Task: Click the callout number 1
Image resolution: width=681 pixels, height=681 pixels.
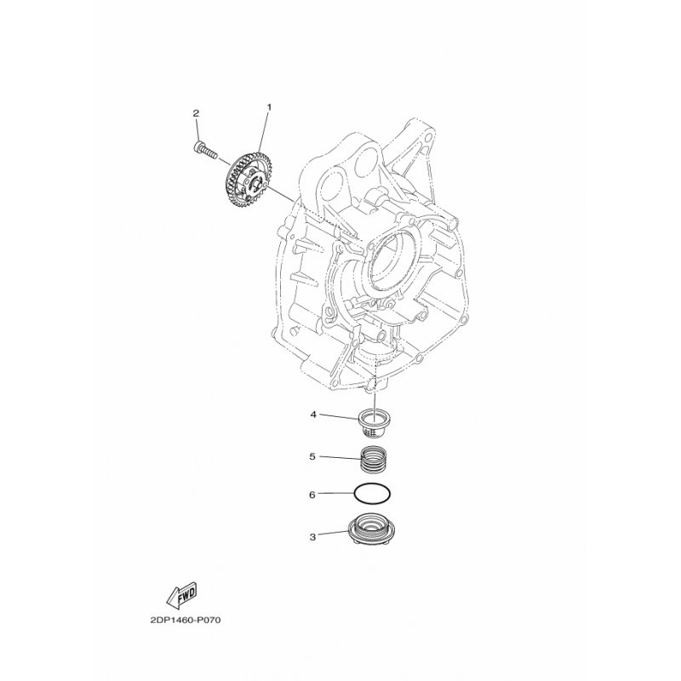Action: click(269, 107)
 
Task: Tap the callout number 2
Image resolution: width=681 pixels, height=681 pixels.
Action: click(196, 113)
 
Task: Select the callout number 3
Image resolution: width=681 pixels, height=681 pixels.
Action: click(312, 537)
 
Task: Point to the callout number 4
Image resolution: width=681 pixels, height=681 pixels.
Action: click(312, 415)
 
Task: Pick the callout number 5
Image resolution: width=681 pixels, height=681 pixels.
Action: click(312, 457)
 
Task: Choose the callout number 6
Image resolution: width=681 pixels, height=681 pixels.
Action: click(312, 495)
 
